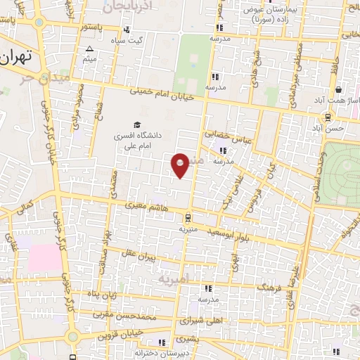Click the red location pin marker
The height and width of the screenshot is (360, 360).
click(181, 165)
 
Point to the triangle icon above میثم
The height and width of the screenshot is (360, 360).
click(89, 49)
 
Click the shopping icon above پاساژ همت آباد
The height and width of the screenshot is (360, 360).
click(338, 90)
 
